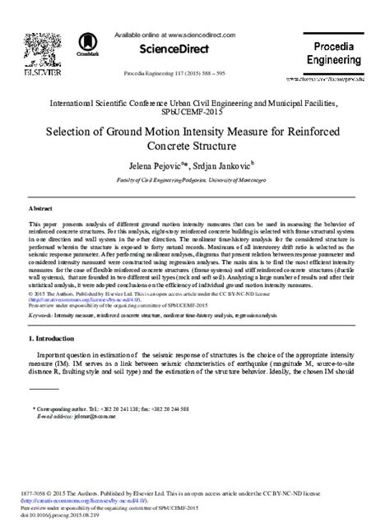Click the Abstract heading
[41, 210]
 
